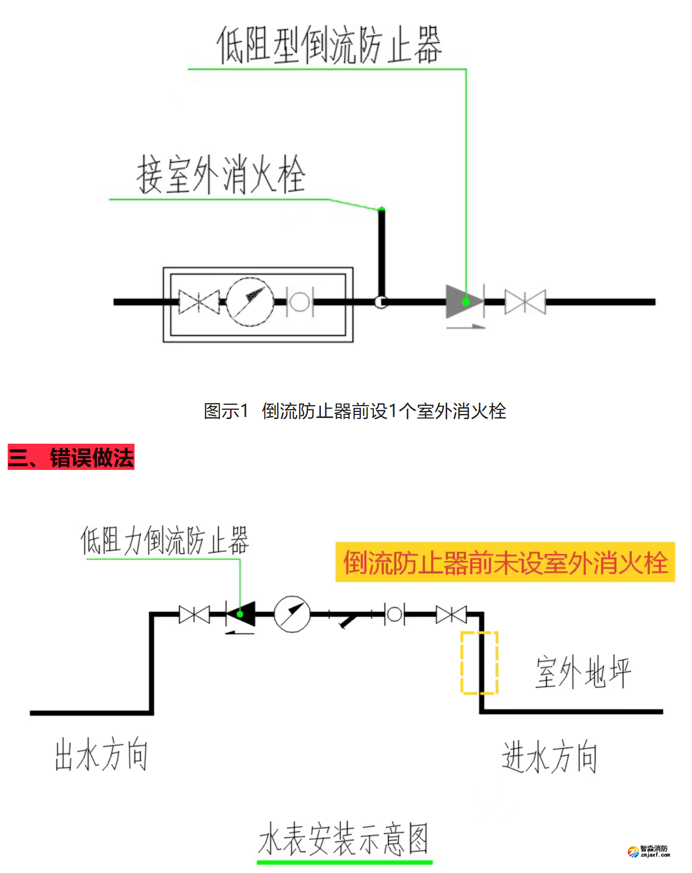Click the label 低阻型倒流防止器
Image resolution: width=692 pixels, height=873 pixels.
click(329, 45)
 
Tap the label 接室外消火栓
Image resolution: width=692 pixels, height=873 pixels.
click(221, 175)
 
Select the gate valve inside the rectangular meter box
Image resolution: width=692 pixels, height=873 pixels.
click(199, 301)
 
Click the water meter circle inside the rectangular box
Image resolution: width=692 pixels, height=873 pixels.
click(250, 302)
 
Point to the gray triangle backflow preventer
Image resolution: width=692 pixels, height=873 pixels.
click(462, 301)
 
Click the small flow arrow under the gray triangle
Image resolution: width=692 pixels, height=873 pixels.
click(466, 326)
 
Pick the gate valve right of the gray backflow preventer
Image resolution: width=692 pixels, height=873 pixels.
click(525, 301)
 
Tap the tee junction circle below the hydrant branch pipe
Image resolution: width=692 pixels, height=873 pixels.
click(381, 302)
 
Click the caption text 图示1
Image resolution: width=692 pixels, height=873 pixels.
click(226, 411)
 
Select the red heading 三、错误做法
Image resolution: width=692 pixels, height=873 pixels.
click(71, 457)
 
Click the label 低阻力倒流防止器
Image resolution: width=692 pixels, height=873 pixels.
click(164, 540)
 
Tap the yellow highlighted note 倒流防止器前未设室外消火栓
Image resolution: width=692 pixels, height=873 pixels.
click(505, 562)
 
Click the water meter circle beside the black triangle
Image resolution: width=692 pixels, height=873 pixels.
click(292, 614)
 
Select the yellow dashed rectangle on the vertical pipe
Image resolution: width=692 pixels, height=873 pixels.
click(479, 662)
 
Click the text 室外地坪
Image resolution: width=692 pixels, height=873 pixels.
click(583, 672)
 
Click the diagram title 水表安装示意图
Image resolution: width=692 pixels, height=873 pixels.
click(343, 839)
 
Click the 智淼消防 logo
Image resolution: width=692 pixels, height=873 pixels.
click(649, 851)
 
